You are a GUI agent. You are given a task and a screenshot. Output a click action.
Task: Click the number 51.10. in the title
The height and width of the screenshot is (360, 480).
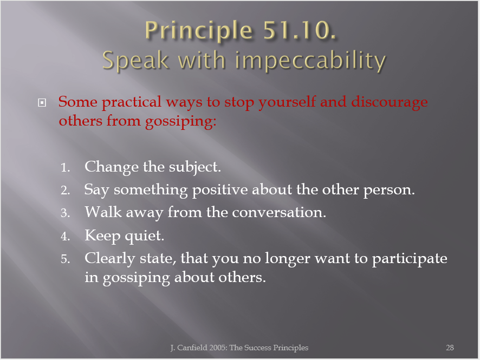300,30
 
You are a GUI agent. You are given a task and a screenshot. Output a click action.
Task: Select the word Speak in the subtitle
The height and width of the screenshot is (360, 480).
135,61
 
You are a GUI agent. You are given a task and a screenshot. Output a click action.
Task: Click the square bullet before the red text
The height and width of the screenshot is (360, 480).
42,102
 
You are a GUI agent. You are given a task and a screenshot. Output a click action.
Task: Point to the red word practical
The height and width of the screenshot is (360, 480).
131,102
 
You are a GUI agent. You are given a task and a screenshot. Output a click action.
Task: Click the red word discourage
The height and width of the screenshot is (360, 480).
390,102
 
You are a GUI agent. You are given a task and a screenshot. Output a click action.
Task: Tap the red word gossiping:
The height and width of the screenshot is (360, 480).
180,122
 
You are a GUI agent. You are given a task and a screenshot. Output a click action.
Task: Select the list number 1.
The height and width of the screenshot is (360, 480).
65,168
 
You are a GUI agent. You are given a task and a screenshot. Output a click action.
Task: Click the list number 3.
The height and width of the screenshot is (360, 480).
65,213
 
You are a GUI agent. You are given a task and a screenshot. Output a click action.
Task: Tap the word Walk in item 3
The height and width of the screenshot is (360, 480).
103,212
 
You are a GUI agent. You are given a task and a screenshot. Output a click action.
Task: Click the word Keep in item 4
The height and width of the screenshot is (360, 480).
102,236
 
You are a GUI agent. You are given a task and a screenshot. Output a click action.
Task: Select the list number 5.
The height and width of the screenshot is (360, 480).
65,259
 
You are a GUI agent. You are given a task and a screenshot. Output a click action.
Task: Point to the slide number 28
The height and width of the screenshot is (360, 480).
450,348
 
